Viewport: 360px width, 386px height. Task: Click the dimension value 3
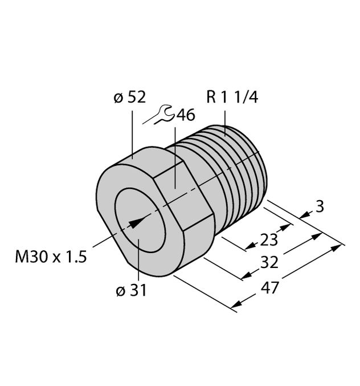click(x=319, y=208)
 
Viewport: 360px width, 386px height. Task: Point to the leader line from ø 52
click(x=133, y=131)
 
